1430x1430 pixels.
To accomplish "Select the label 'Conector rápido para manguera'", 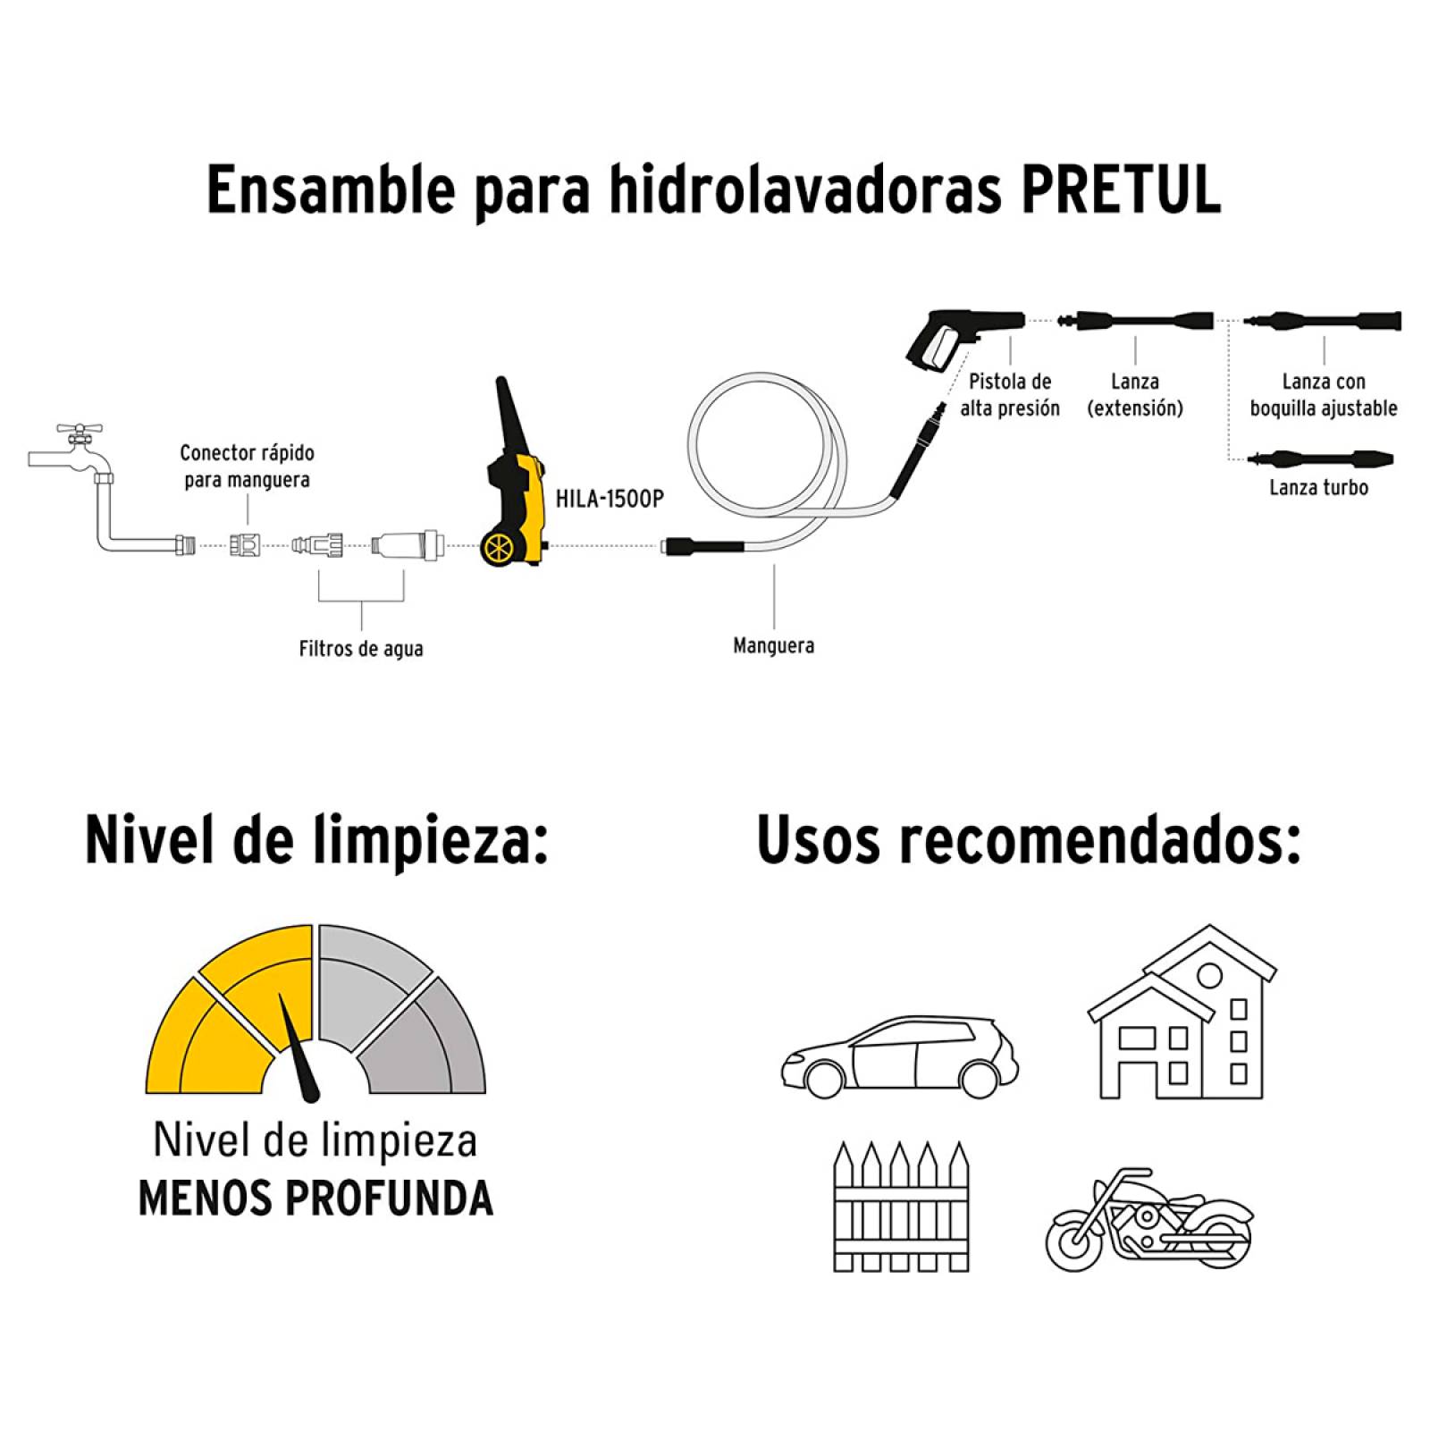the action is click(x=247, y=466).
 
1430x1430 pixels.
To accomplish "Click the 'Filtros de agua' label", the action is click(x=361, y=648).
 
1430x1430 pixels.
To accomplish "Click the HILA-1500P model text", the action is click(x=610, y=499).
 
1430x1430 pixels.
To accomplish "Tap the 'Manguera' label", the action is click(x=773, y=644).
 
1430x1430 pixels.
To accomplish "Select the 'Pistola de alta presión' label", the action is click(x=1010, y=394).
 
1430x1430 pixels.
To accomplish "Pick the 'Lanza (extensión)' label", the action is click(x=1135, y=394).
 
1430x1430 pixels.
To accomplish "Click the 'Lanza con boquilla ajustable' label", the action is click(x=1324, y=394).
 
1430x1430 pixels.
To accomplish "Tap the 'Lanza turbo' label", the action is click(x=1319, y=487).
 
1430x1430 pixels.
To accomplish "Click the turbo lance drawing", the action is click(x=1320, y=459).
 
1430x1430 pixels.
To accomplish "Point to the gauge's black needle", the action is click(x=301, y=1047).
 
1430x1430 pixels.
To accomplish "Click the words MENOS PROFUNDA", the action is click(x=315, y=1198).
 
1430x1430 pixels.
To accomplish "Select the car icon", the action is click(x=900, y=1056).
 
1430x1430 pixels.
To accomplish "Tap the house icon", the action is click(x=1182, y=1012).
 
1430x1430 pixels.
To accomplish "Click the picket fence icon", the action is click(x=901, y=1206).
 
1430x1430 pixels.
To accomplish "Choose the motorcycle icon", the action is click(x=1148, y=1219).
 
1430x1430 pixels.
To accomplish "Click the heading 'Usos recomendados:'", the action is click(x=1029, y=840).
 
